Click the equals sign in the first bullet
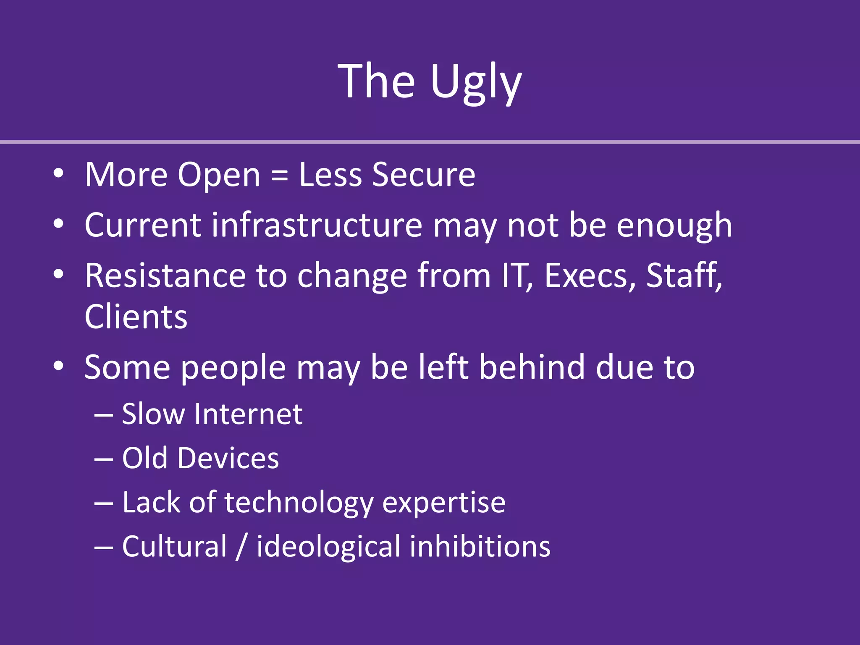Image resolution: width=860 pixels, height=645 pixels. [x=280, y=175]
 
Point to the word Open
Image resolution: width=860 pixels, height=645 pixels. [x=219, y=176]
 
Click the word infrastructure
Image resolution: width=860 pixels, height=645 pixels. [x=317, y=225]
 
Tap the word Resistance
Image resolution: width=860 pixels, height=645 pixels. [x=165, y=276]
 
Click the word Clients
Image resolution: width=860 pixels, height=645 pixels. [x=136, y=317]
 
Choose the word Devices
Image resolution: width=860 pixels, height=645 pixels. [x=228, y=458]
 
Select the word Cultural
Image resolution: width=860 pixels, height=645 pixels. [x=174, y=547]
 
